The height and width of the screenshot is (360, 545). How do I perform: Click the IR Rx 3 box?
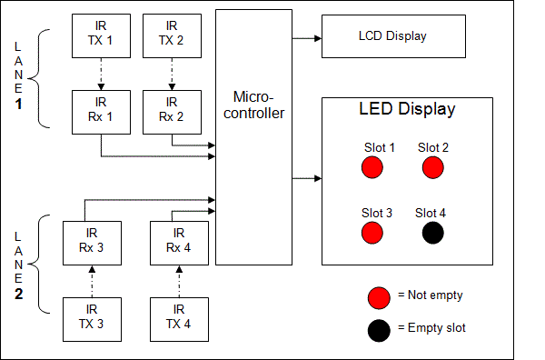point(89,241)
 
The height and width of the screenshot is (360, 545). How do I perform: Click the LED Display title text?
point(407,110)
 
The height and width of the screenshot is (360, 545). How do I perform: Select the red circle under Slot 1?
point(372,167)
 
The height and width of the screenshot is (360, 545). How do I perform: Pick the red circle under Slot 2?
point(432,167)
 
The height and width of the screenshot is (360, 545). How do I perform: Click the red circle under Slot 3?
point(372,234)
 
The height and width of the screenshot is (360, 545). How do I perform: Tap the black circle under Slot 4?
point(432,234)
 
